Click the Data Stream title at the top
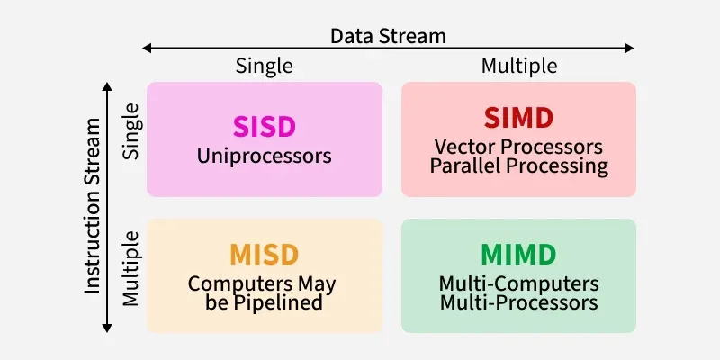coord(388,36)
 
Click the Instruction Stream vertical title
coord(93,206)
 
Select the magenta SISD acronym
coord(264,127)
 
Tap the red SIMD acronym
coord(518,118)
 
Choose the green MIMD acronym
coord(518,255)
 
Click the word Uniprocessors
coord(264,157)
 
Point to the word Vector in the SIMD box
coord(463,147)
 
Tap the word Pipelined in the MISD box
coord(283,302)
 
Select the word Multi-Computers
coord(519,283)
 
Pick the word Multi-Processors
coord(519,303)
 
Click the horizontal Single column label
coord(264,66)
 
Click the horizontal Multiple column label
coord(519,66)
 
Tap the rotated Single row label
coord(130,131)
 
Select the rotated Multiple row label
coord(130,268)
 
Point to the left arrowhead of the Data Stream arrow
coord(147,49)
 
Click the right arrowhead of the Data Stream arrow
coord(629,49)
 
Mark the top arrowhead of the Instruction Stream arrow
coord(107,86)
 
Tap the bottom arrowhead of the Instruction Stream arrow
coord(107,328)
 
